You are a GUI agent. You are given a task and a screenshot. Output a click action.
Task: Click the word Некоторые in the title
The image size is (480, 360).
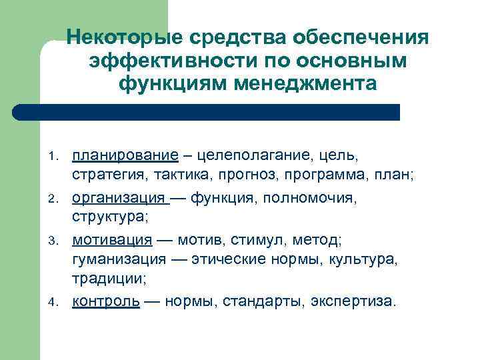coord(126,36)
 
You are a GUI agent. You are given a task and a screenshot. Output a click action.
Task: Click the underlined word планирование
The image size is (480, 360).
coord(125,157)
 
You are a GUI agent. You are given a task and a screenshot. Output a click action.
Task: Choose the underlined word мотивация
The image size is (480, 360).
coord(112,239)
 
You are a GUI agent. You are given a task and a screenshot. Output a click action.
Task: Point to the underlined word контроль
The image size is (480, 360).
coord(106,301)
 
